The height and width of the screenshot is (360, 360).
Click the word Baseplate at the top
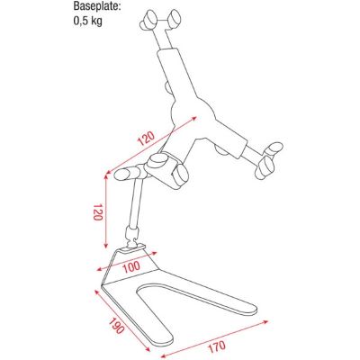97,6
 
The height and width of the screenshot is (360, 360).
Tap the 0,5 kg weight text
88,22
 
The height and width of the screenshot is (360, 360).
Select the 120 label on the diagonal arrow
146,138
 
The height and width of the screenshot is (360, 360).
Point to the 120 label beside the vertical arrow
98,212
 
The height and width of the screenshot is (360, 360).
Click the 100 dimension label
131,266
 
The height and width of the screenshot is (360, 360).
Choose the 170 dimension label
216,346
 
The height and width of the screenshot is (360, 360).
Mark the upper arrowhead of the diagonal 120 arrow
194,119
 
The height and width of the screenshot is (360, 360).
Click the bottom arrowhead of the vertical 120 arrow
105,246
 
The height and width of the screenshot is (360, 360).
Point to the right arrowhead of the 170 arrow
265,322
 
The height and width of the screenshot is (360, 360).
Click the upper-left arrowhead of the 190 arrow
97,292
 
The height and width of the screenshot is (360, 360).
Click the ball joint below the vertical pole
130,238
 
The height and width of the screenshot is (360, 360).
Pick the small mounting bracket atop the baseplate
134,247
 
